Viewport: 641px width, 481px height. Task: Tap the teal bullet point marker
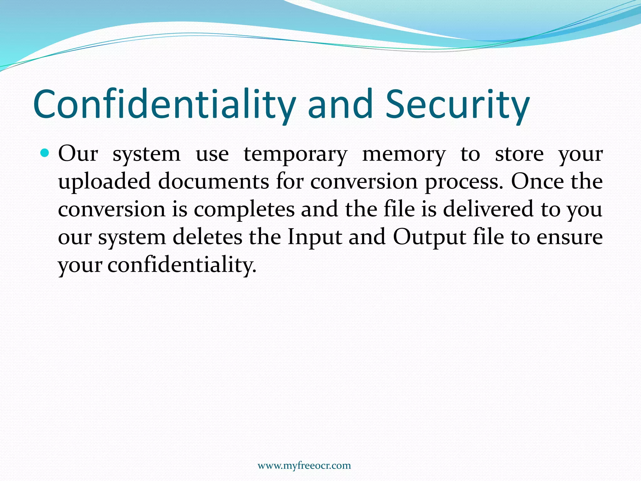(45, 153)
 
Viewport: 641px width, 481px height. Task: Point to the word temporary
(295, 155)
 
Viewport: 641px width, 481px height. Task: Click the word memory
(404, 155)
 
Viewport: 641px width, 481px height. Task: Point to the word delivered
(488, 209)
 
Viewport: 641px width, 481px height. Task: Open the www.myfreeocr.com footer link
(304, 466)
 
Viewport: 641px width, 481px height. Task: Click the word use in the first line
(212, 154)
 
